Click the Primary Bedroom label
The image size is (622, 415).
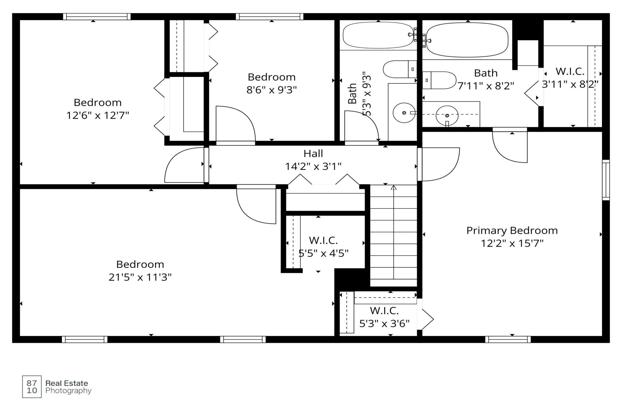[x=512, y=231]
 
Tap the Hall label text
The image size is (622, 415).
[x=313, y=154]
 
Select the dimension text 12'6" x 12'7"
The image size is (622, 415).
[x=97, y=115]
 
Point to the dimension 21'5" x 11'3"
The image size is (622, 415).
[x=140, y=277]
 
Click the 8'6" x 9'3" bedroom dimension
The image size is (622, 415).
[x=272, y=90]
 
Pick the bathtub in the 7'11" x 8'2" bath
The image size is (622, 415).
[x=467, y=40]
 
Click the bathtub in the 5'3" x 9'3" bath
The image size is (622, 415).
[x=378, y=35]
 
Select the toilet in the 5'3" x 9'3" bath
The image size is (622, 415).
[x=400, y=69]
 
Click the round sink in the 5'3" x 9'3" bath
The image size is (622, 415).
[x=404, y=113]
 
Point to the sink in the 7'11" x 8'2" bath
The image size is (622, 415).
[x=447, y=116]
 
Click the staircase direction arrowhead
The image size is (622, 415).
[x=394, y=187]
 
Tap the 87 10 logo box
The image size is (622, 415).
[x=32, y=387]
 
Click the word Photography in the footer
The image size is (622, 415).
[x=68, y=391]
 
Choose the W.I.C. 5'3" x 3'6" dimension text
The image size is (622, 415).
[x=384, y=324]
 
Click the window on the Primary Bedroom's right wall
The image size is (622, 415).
[x=606, y=180]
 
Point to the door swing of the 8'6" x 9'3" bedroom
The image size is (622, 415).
[x=236, y=123]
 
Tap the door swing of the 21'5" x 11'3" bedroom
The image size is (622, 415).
[x=256, y=204]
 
